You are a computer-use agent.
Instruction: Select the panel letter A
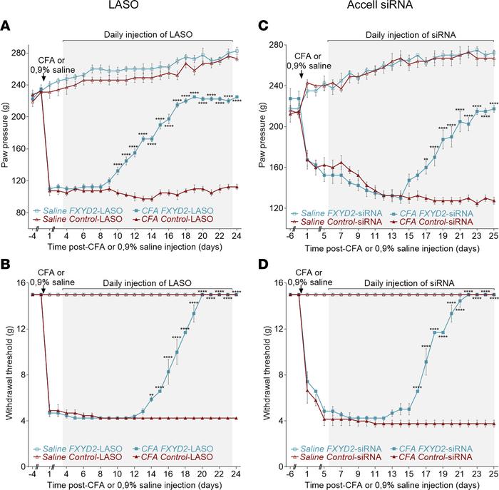(x=5, y=26)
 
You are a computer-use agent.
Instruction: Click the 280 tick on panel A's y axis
(x=17, y=51)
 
